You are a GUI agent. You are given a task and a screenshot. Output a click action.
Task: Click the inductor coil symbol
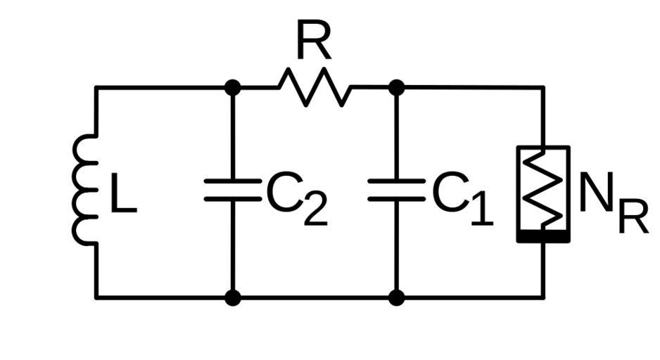click(x=84, y=191)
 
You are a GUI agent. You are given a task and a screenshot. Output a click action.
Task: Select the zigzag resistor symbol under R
click(x=315, y=87)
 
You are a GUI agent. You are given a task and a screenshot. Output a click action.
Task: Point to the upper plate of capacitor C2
click(x=232, y=181)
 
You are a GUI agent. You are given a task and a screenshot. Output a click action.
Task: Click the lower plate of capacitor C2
click(x=232, y=199)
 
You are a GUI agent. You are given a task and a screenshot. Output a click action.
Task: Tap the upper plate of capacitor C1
click(x=396, y=181)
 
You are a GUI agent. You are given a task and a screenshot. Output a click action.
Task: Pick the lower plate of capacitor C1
click(x=396, y=199)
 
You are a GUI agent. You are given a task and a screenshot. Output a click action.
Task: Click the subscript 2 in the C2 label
click(x=315, y=211)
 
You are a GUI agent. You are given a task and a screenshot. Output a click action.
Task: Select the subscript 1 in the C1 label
click(x=481, y=211)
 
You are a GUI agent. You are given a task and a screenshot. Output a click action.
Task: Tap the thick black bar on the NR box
click(x=542, y=237)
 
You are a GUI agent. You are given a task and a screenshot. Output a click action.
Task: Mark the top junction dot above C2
click(x=232, y=87)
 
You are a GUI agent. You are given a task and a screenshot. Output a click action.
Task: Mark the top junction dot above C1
click(x=396, y=87)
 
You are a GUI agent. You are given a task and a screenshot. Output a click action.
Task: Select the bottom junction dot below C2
click(x=232, y=297)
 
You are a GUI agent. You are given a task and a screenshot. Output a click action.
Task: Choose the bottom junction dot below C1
click(x=396, y=297)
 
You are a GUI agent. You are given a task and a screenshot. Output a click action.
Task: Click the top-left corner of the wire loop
click(x=96, y=87)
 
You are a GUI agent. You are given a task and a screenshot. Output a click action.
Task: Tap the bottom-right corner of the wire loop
click(x=542, y=297)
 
